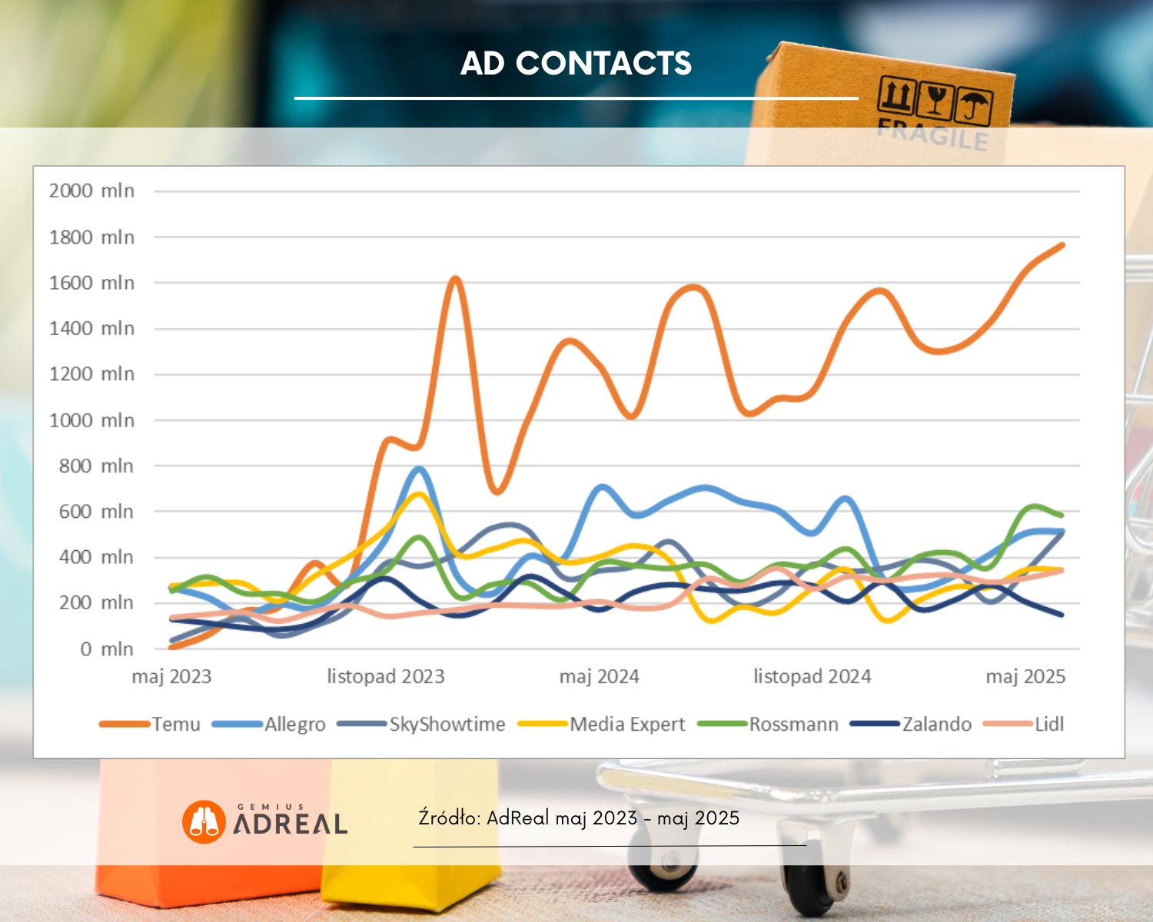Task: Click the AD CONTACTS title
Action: tap(576, 64)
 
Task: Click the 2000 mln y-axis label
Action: tap(91, 191)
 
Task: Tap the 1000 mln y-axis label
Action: tap(91, 420)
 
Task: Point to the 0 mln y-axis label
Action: tap(106, 649)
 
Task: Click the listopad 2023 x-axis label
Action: tap(386, 676)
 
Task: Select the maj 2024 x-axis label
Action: tap(599, 676)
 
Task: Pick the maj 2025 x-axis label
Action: tap(1025, 676)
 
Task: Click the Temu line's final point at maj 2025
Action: tap(1062, 245)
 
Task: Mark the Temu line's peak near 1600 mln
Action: tap(456, 278)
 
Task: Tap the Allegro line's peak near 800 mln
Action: tap(419, 469)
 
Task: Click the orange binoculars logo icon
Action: tap(204, 822)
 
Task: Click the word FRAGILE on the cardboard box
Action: tap(932, 134)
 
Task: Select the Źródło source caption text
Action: tap(578, 818)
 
